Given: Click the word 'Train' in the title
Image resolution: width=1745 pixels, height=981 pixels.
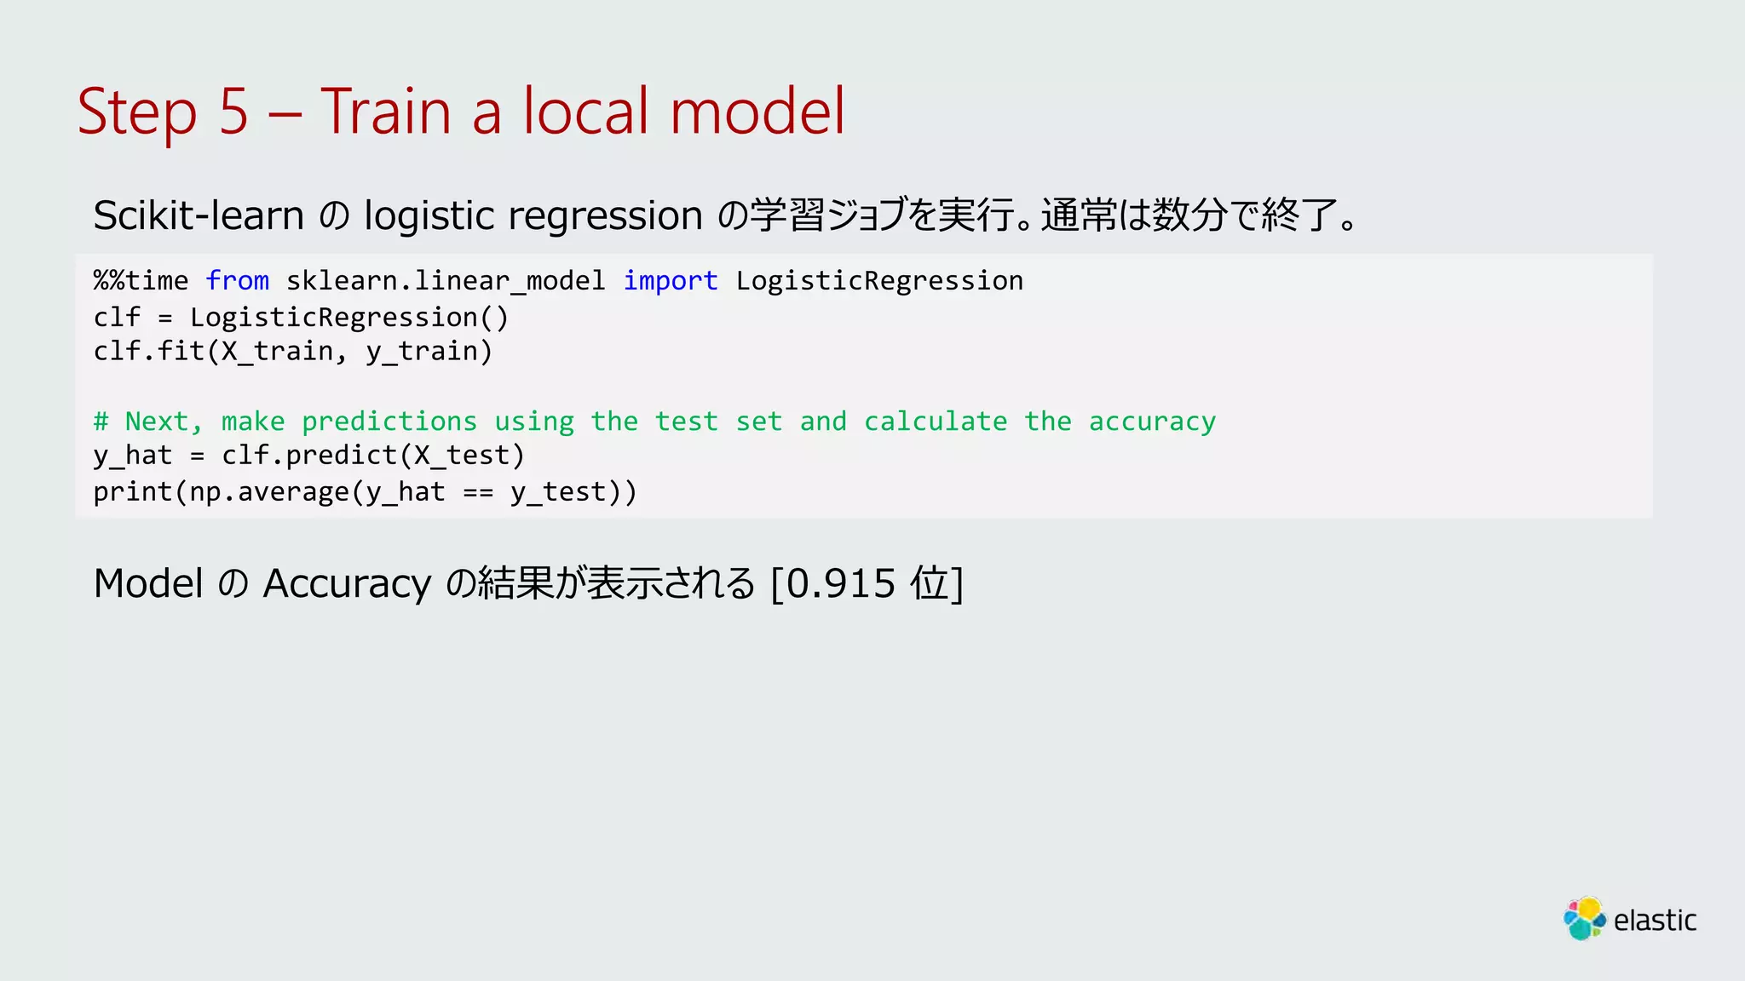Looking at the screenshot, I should pyautogui.click(x=385, y=112).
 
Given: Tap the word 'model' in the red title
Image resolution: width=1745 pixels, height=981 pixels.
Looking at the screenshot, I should pyautogui.click(x=757, y=112).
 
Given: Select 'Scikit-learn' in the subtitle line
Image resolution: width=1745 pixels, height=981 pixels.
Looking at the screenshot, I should pyautogui.click(x=199, y=215).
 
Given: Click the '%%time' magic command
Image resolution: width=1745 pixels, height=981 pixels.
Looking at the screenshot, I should pyautogui.click(x=141, y=281).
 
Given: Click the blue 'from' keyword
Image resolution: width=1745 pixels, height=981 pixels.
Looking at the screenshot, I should pyautogui.click(x=237, y=281).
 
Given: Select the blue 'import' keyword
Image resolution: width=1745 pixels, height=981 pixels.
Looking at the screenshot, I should pyautogui.click(x=671, y=281).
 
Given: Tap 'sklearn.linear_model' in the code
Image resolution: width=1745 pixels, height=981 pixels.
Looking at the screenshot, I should pyautogui.click(x=446, y=281).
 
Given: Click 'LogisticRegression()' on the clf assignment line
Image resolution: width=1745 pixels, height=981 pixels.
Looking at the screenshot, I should pyautogui.click(x=349, y=318).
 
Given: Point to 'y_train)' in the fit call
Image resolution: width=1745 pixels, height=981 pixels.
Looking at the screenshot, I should pyautogui.click(x=429, y=352).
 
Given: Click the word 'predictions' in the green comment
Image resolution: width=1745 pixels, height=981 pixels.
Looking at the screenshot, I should pyautogui.click(x=389, y=422).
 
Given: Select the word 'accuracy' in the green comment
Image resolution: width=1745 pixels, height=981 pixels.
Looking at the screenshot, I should pyautogui.click(x=1152, y=422).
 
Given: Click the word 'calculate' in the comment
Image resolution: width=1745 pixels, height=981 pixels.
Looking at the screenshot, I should pyautogui.click(x=936, y=422).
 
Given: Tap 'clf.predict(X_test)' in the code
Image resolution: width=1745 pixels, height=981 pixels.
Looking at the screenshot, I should pyautogui.click(x=373, y=456).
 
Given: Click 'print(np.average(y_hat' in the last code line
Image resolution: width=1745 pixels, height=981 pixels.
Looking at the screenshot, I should pyautogui.click(x=269, y=492).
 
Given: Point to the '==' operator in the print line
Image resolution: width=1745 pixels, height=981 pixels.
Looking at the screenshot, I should pyautogui.click(x=478, y=492).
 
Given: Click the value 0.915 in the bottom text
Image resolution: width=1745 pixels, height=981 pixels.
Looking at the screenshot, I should pyautogui.click(x=840, y=584).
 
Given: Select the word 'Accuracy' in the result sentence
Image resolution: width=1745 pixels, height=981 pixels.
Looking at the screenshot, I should pyautogui.click(x=347, y=584).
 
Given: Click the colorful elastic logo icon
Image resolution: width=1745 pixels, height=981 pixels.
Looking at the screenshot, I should pyautogui.click(x=1584, y=919).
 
